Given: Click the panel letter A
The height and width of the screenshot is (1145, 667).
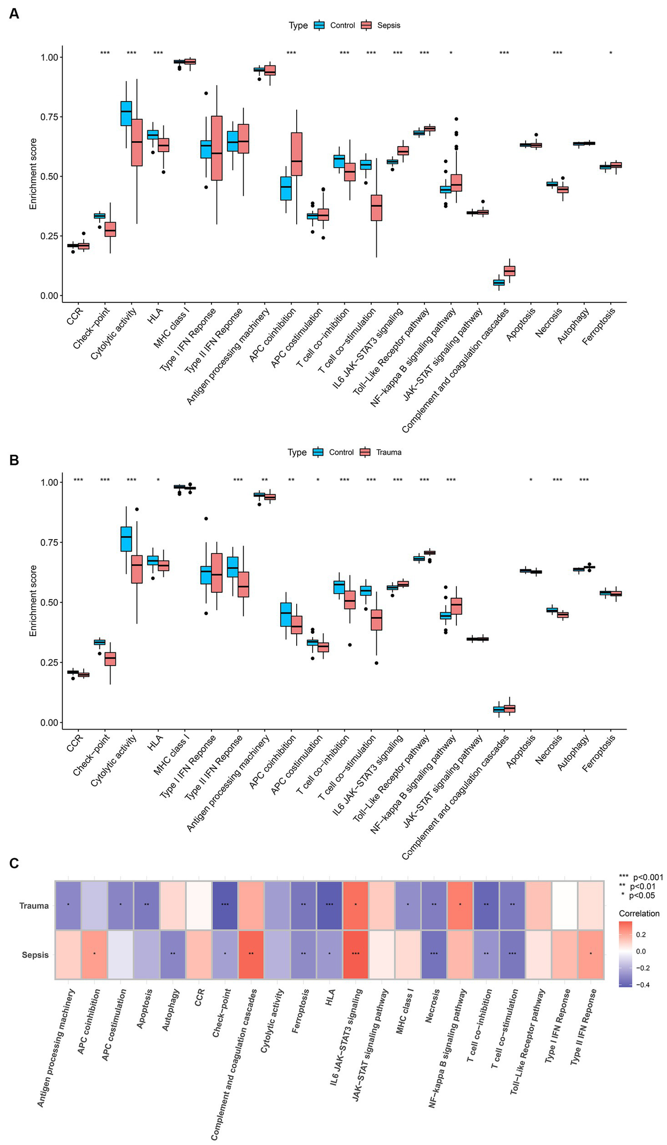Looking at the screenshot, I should tap(14, 14).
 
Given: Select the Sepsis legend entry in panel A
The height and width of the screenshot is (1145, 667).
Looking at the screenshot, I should tap(388, 26).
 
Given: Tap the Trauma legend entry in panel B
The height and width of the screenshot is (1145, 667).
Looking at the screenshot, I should tap(388, 452).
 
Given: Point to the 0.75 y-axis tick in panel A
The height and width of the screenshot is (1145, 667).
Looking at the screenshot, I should tap(49, 117).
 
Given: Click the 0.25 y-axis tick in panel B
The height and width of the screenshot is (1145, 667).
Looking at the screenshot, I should tap(49, 662).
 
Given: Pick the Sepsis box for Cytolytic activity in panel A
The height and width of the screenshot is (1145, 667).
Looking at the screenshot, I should tap(136, 142).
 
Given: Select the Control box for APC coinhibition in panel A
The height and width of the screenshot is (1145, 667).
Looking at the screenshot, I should tap(286, 188).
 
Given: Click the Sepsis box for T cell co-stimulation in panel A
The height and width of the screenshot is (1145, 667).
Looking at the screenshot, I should tap(376, 207).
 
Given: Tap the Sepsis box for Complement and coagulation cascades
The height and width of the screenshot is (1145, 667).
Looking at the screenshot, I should tap(510, 271).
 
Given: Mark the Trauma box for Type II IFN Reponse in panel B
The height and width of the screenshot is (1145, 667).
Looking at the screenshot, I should tap(243, 584).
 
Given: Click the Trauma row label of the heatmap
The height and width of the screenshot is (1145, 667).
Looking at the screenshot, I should tap(34, 905).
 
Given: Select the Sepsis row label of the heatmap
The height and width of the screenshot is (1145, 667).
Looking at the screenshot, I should tap(35, 955).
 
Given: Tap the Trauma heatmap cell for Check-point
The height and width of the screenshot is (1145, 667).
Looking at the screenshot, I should tap(225, 905).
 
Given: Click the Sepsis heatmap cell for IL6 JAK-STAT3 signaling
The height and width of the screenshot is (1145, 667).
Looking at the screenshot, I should tap(355, 954).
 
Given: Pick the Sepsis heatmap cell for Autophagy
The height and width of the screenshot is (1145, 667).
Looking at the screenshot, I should tap(173, 954).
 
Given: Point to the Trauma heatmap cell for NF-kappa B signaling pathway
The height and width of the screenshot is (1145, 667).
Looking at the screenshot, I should tap(460, 905).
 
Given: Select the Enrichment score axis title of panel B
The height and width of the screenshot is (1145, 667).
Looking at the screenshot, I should tap(33, 600).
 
